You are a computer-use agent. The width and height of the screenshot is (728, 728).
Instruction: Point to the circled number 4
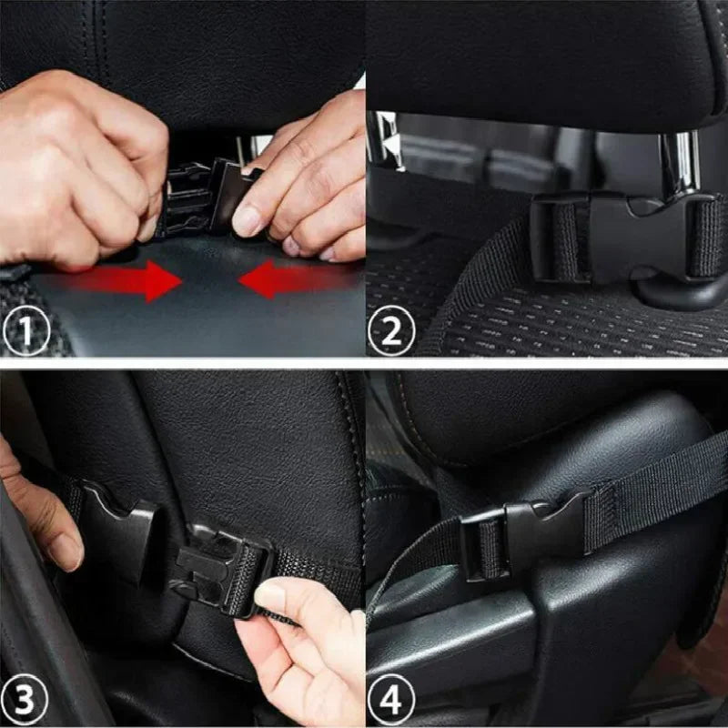tap(391, 703)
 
